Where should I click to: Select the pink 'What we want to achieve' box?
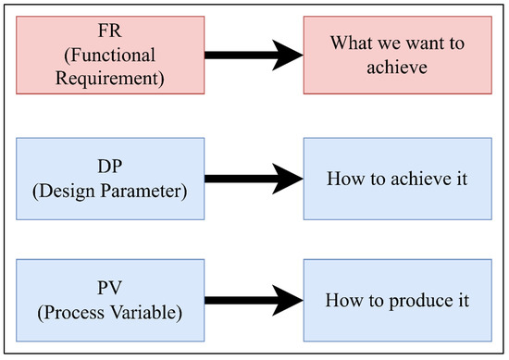pyautogui.click(x=398, y=56)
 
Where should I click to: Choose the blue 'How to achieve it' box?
pyautogui.click(x=398, y=179)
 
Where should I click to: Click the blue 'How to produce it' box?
pyautogui.click(x=398, y=300)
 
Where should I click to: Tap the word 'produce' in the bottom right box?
pyautogui.click(x=408, y=301)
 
